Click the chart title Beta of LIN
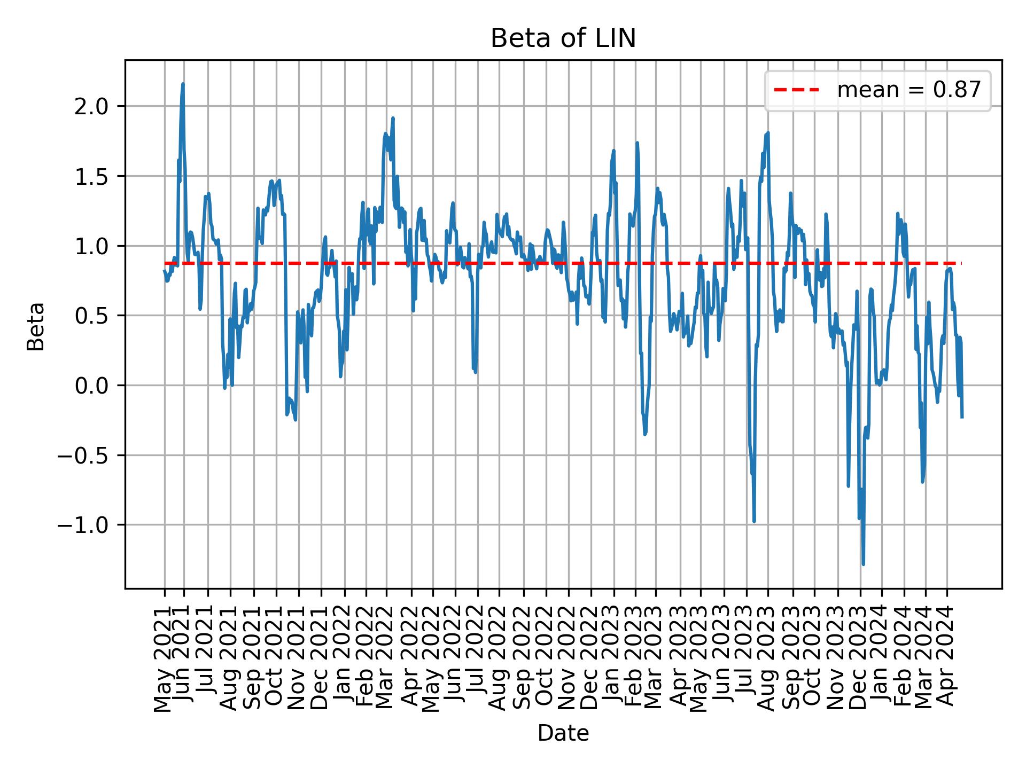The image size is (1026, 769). click(x=563, y=39)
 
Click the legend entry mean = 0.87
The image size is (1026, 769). click(x=908, y=90)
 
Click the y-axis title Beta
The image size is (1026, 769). click(x=36, y=326)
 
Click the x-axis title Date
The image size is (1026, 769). click(x=563, y=734)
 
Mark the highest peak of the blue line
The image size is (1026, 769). click(x=183, y=84)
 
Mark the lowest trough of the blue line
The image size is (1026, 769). click(x=863, y=564)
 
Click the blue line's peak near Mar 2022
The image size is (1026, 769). click(x=393, y=118)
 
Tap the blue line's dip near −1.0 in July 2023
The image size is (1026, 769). click(x=754, y=521)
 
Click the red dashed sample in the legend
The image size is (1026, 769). click(x=796, y=90)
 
